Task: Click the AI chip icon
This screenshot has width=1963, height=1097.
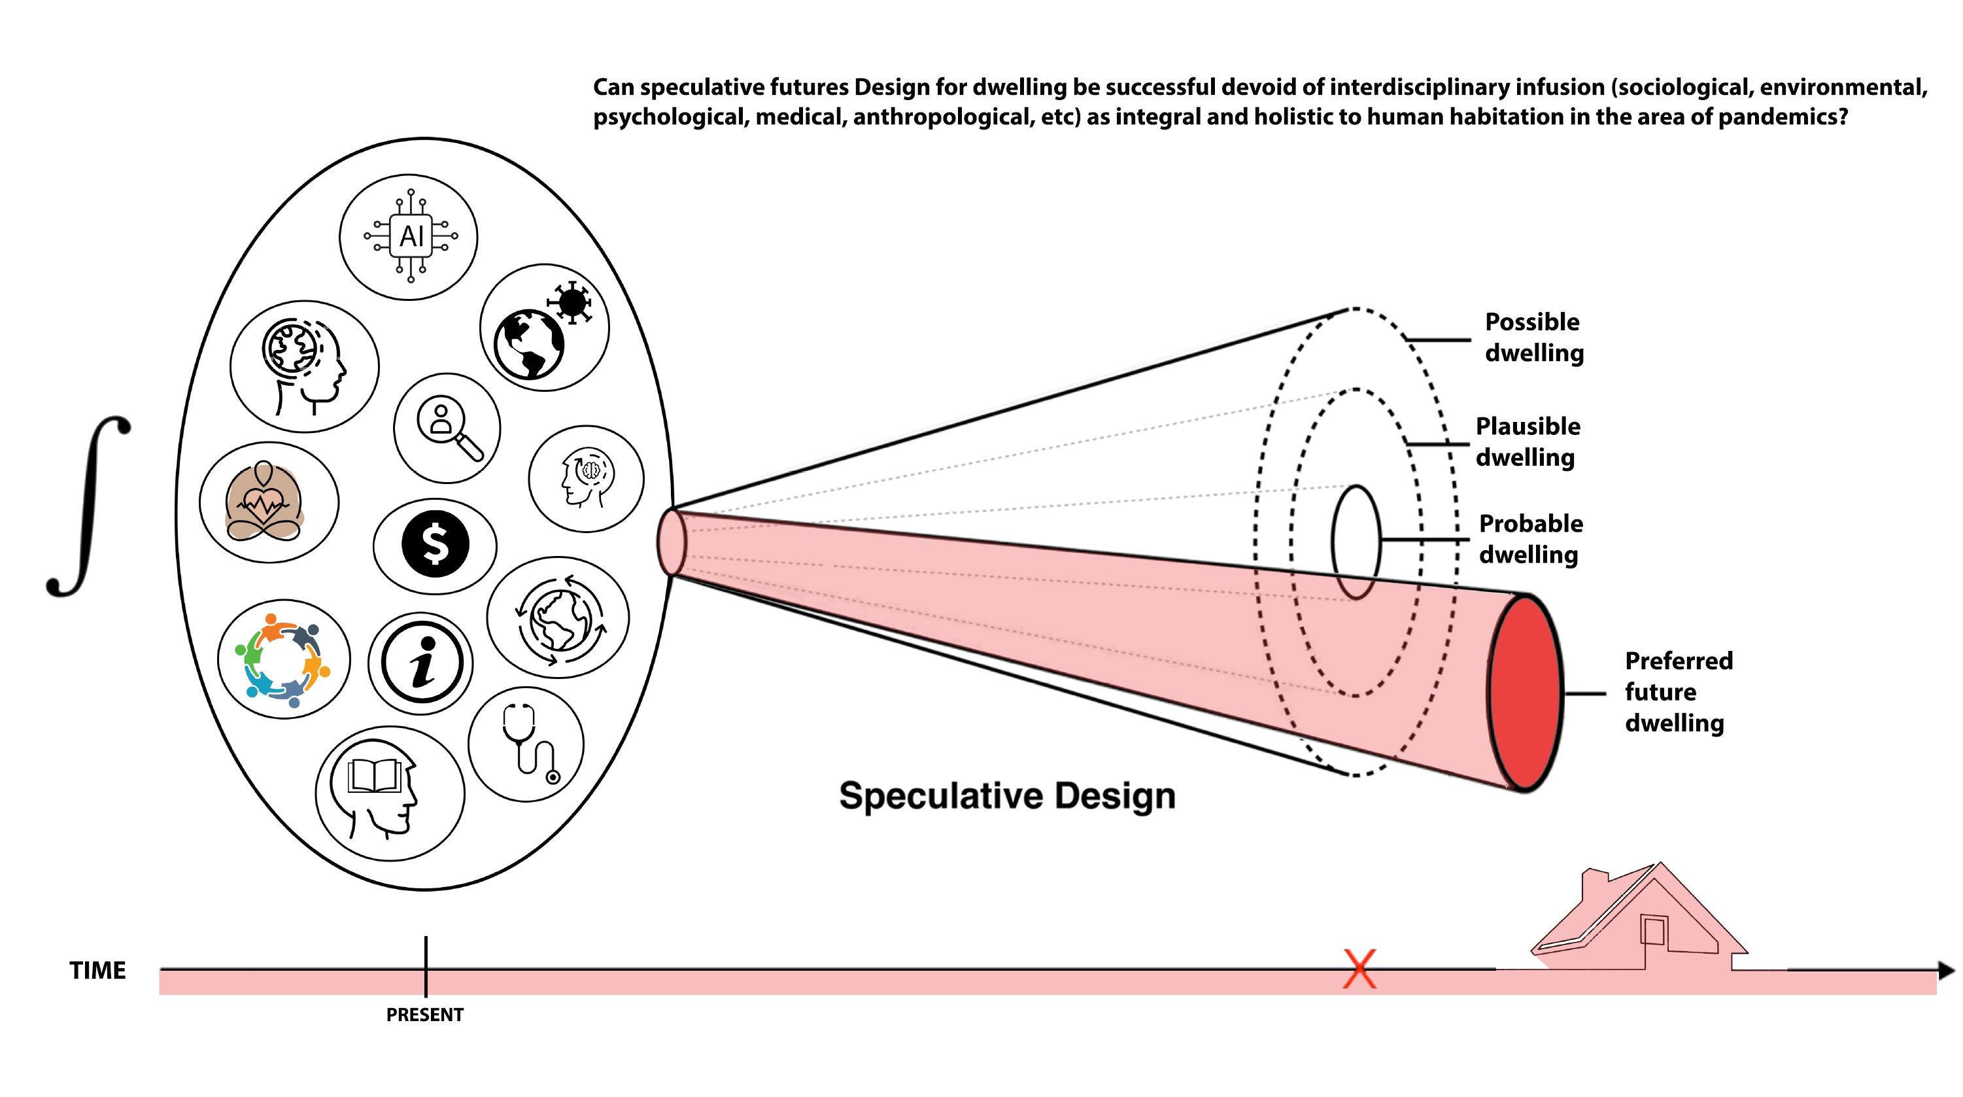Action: point(411,236)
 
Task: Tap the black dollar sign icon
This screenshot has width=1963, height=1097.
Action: point(435,544)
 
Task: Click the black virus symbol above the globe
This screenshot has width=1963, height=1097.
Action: point(572,302)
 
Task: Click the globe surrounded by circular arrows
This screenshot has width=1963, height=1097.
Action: point(558,615)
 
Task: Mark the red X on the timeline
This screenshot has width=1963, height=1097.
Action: point(1359,969)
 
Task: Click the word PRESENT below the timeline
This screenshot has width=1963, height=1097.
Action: point(424,1015)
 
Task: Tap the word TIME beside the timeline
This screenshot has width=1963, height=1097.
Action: point(97,971)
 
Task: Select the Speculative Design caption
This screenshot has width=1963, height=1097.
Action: point(1006,796)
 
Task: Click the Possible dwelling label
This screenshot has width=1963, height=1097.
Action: point(1533,337)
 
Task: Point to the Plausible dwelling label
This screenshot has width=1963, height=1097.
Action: point(1527,442)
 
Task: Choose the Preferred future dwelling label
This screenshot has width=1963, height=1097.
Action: point(1678,691)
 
